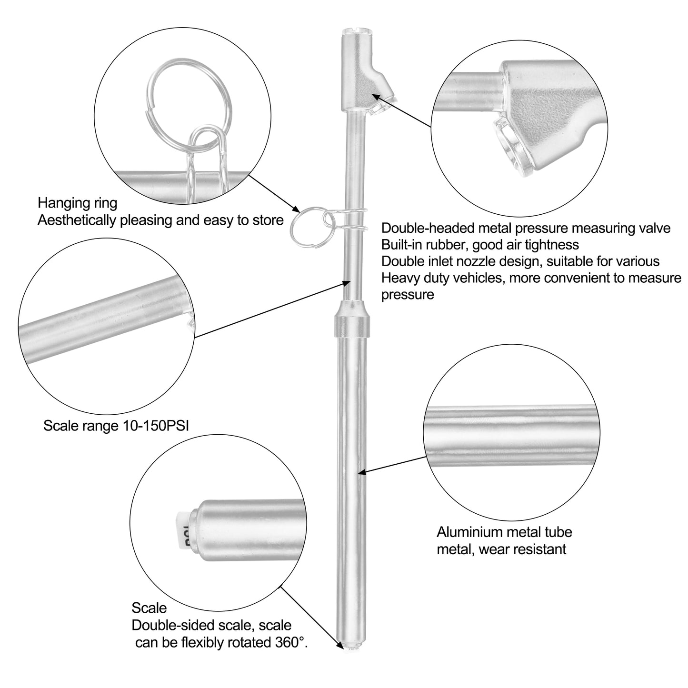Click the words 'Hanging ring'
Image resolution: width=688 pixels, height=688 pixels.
click(x=78, y=203)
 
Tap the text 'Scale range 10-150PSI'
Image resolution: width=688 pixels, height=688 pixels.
click(x=116, y=426)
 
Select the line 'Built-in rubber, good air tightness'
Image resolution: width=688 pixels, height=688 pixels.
click(x=480, y=245)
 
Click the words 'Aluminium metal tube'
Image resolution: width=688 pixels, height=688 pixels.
click(x=504, y=532)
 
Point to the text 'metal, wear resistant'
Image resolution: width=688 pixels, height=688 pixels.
click(x=501, y=549)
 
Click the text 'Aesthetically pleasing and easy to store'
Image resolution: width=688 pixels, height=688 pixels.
click(x=160, y=220)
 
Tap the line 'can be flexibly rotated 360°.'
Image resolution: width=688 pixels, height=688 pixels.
click(x=221, y=643)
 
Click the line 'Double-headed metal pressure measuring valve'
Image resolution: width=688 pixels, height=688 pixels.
click(x=526, y=228)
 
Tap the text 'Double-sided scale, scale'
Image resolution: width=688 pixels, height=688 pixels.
click(x=212, y=626)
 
